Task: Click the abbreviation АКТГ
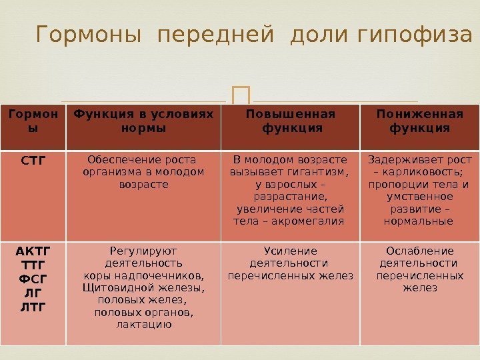(33, 251)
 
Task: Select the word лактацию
(144, 325)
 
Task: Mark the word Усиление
(291, 251)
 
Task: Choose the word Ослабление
(420, 251)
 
